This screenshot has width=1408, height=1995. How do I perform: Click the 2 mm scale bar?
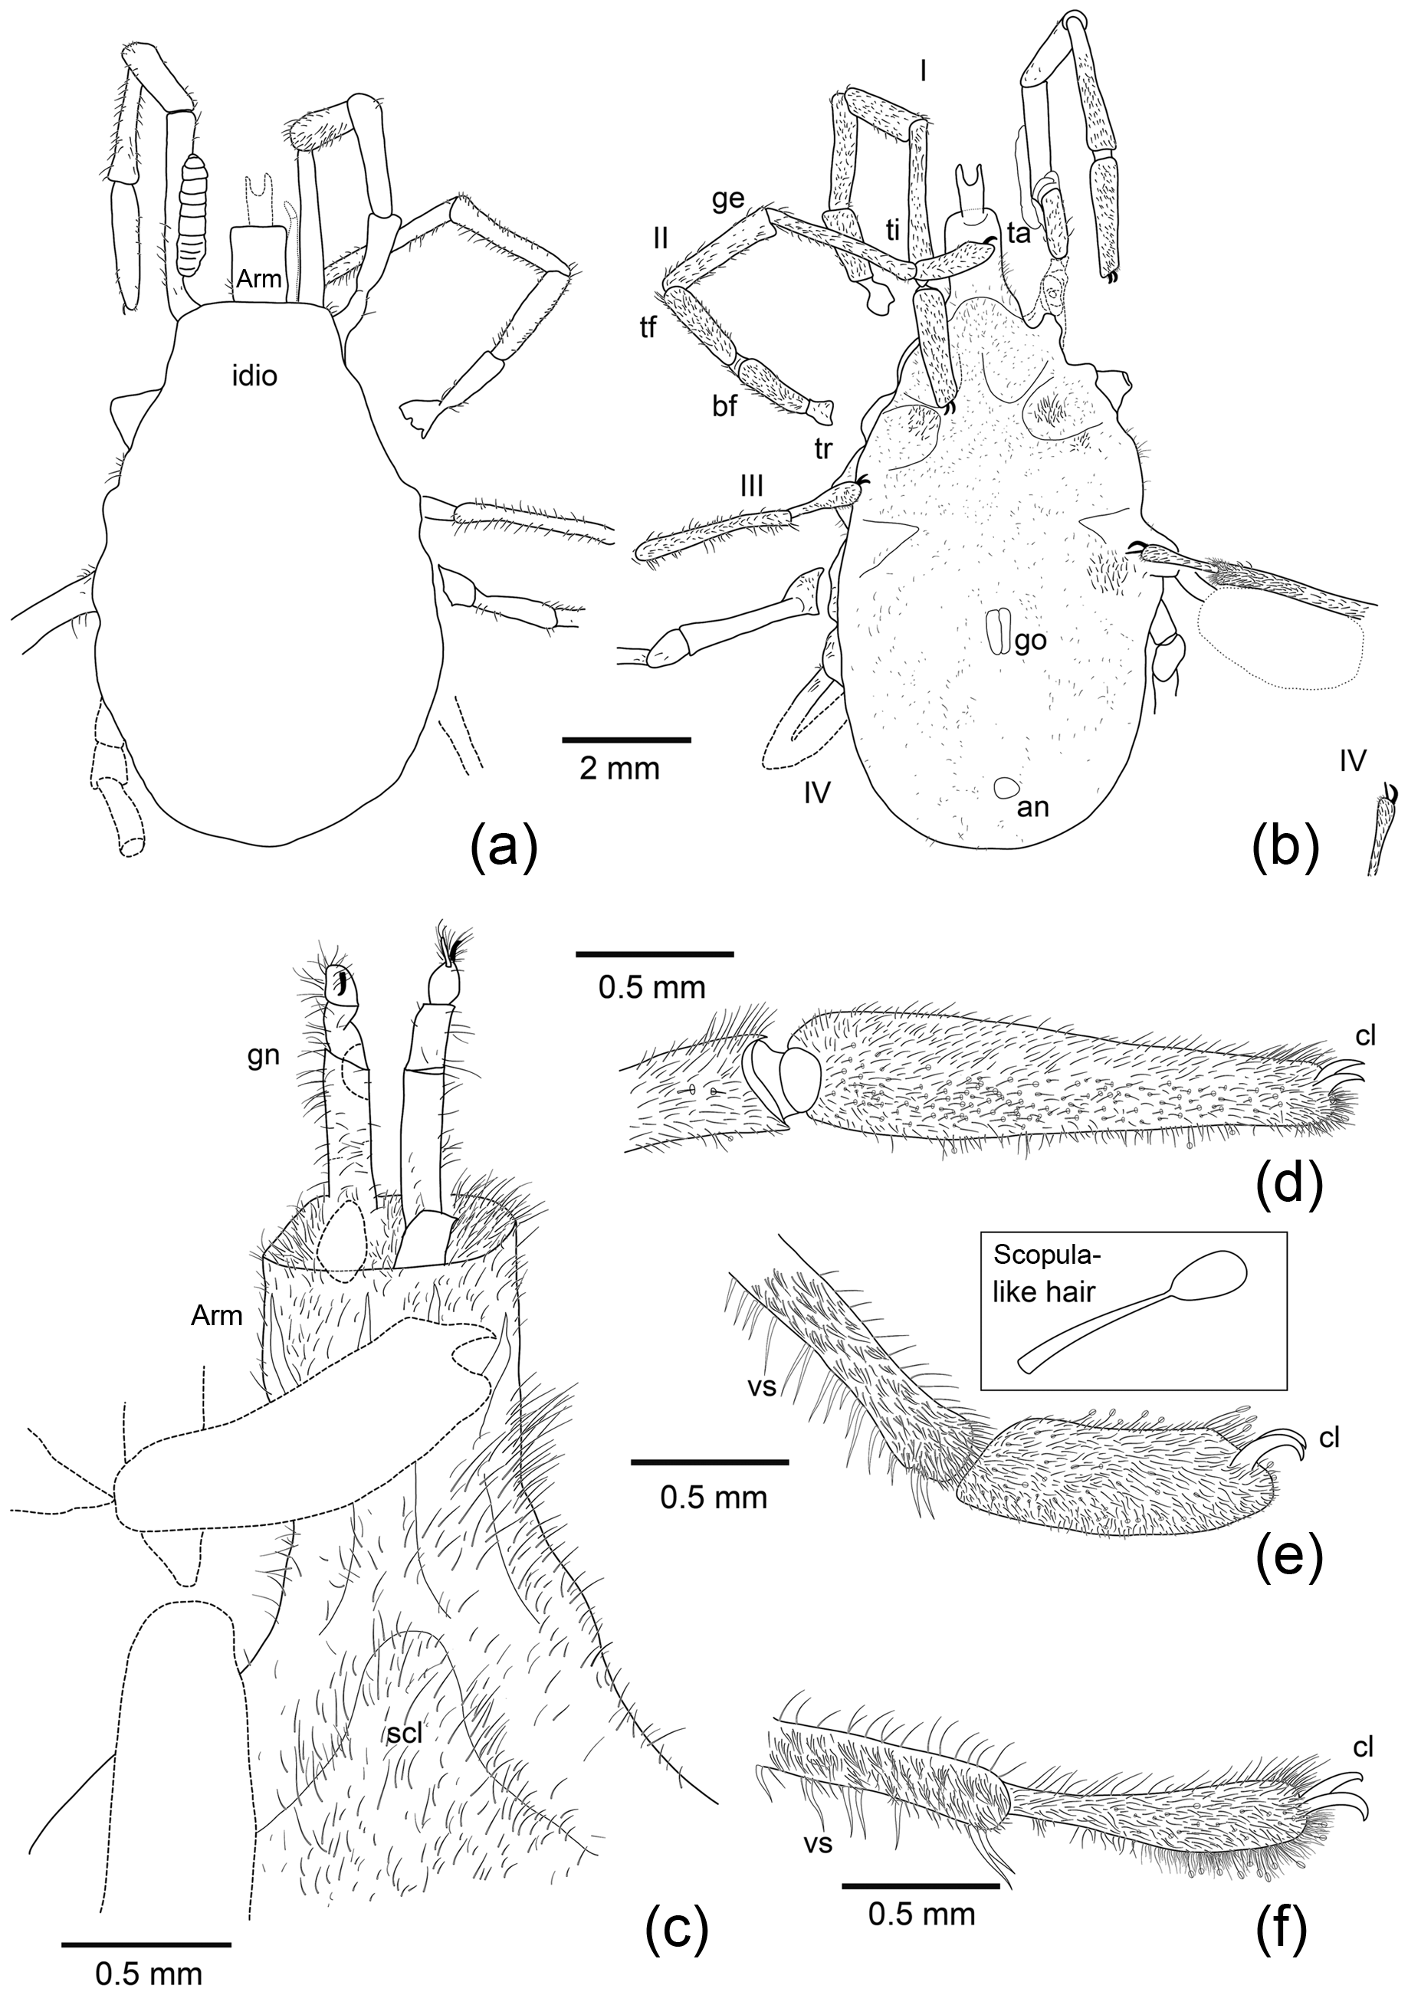627,740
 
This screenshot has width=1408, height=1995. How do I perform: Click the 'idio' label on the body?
254,377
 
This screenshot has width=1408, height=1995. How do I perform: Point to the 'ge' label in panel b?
727,199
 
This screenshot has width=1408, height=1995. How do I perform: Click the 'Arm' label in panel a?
259,278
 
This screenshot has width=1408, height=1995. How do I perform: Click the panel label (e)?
1289,1555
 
